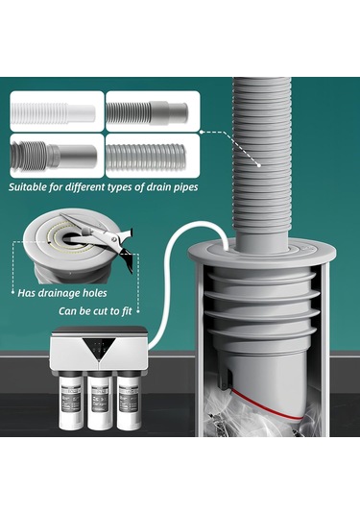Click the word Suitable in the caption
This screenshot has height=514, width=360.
pyautogui.click(x=28, y=187)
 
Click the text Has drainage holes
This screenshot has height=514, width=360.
pyautogui.click(x=62, y=293)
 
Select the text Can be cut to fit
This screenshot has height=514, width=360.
pyautogui.click(x=95, y=311)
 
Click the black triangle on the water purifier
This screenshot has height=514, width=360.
pyautogui.click(x=99, y=348)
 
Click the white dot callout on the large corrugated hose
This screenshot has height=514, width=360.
pyautogui.click(x=259, y=165)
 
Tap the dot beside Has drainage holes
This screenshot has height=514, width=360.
pyautogui.click(x=12, y=292)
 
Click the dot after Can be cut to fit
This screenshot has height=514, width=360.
pyautogui.click(x=138, y=311)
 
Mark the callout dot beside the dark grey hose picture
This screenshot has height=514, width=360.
pyautogui.click(x=202, y=132)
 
